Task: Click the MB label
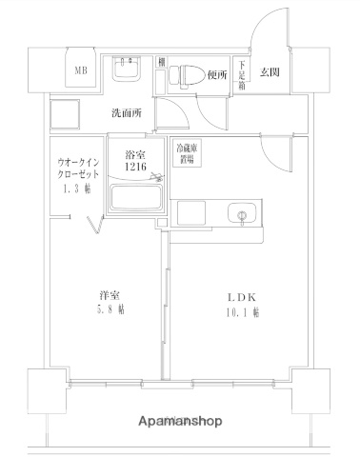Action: click(82, 68)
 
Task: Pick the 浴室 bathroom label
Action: click(135, 156)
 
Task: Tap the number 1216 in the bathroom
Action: click(135, 169)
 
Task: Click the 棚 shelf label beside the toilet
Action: click(163, 62)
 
